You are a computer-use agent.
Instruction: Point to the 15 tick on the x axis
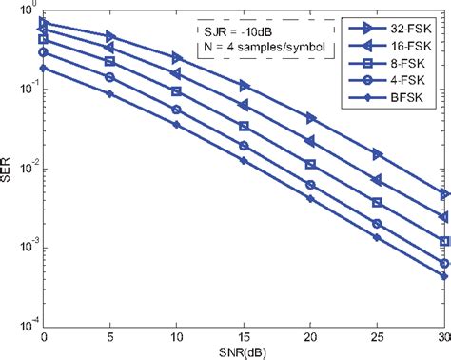(x=244, y=336)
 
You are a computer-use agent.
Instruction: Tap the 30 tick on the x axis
(x=443, y=336)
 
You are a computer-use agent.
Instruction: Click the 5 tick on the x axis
(x=110, y=336)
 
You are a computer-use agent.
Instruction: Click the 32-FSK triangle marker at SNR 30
(x=444, y=194)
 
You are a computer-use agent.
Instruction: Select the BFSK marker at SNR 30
(x=444, y=276)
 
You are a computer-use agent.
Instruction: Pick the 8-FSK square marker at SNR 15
(x=245, y=127)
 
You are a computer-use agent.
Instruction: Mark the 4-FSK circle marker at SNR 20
(x=311, y=185)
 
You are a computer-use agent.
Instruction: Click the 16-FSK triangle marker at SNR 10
(x=177, y=73)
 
